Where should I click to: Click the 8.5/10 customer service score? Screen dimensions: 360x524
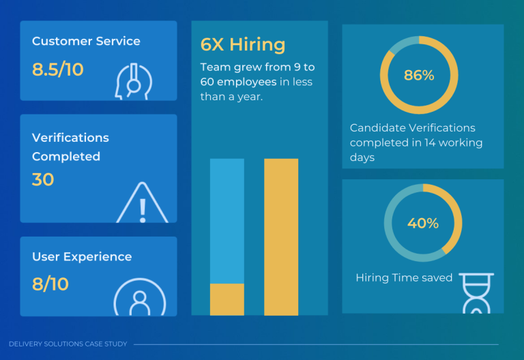[x=58, y=70]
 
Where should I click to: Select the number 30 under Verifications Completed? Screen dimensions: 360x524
[x=43, y=180]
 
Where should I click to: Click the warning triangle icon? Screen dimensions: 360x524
[x=142, y=204]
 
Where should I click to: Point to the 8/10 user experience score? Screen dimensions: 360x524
[x=50, y=284]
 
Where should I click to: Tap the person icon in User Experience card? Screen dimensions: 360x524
[x=139, y=298]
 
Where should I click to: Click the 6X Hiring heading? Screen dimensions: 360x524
[x=243, y=45]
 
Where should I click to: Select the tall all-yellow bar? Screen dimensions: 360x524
[x=281, y=237]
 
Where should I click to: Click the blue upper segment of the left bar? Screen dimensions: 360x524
[x=227, y=220]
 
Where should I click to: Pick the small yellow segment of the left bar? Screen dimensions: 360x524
[x=227, y=299]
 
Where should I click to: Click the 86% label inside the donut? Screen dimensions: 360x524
[x=419, y=76]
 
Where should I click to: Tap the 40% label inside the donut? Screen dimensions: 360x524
[x=423, y=223]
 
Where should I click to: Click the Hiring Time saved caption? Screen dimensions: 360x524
[x=404, y=278]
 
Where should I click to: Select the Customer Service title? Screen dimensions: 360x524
[x=86, y=42]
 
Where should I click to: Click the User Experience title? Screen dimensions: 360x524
[x=82, y=257]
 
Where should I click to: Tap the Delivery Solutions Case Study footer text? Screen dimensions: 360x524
[x=68, y=344]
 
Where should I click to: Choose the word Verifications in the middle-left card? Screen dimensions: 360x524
[x=70, y=138]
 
